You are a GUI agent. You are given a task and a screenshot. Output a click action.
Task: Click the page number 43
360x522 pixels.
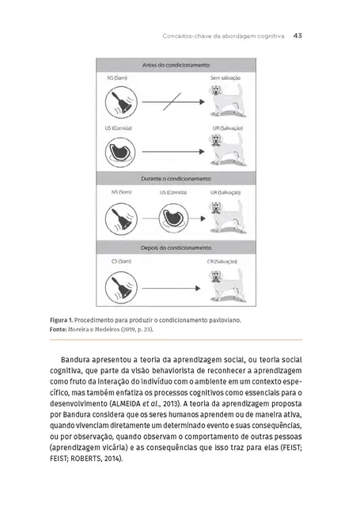click(298, 35)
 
